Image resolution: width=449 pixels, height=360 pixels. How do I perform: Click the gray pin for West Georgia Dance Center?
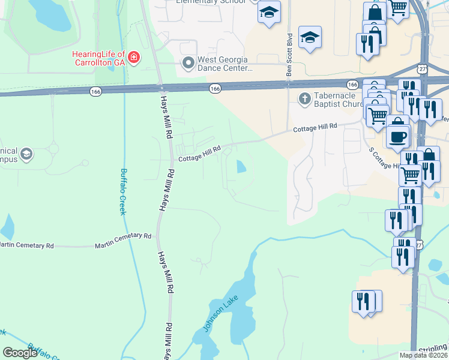[188, 62]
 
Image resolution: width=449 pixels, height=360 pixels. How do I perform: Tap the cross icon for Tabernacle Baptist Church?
[305, 98]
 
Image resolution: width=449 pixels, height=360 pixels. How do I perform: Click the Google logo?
[20, 353]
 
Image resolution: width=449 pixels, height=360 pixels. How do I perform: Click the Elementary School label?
[211, 2]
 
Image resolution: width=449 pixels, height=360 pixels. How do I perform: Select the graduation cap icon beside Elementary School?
[269, 12]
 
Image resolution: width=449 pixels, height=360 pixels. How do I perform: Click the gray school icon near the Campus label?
[26, 155]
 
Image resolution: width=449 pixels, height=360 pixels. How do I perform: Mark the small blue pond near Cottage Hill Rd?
[241, 166]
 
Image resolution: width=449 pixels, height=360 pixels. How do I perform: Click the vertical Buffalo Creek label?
[123, 191]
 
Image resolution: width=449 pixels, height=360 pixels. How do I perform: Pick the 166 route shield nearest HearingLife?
[95, 91]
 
